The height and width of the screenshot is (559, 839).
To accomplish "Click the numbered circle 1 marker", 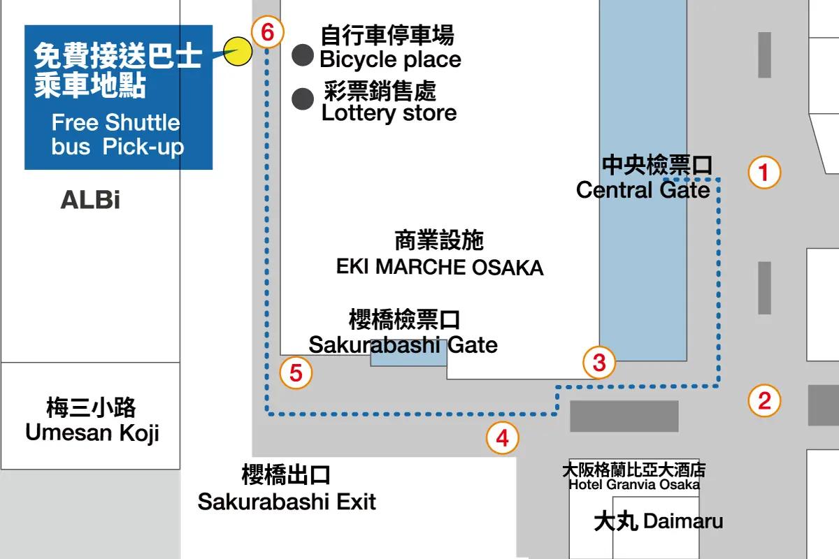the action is [764, 172].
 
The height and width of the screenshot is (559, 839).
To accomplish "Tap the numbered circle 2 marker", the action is [764, 400].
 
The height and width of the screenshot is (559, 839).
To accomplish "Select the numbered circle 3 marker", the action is [599, 363].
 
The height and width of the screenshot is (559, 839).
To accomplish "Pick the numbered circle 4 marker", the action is [502, 437].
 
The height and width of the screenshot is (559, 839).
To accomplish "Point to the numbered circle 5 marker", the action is [296, 372].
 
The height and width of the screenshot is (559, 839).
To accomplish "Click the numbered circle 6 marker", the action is [267, 32].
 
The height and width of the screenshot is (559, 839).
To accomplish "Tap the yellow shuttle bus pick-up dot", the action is [238, 52].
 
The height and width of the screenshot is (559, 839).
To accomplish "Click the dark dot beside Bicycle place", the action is [303, 55].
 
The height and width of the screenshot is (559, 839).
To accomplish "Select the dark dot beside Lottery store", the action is [303, 99].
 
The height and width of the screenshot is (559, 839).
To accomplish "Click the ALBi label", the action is [90, 200].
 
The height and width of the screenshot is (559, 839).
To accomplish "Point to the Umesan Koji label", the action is [92, 433].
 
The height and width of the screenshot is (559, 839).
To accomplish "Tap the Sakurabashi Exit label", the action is [287, 502].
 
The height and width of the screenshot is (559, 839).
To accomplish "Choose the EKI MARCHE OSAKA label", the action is [440, 268].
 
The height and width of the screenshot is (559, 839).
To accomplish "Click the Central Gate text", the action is [643, 190].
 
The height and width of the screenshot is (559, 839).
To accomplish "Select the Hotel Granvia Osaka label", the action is [634, 484].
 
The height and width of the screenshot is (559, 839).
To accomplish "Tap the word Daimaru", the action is [683, 521].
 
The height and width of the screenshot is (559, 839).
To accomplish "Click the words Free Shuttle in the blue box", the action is [116, 122].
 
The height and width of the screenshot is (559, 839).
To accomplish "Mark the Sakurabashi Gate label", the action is [403, 345].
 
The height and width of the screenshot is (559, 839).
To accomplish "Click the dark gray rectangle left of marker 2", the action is [624, 416].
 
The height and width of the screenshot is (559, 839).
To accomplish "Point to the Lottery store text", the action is [389, 113].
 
